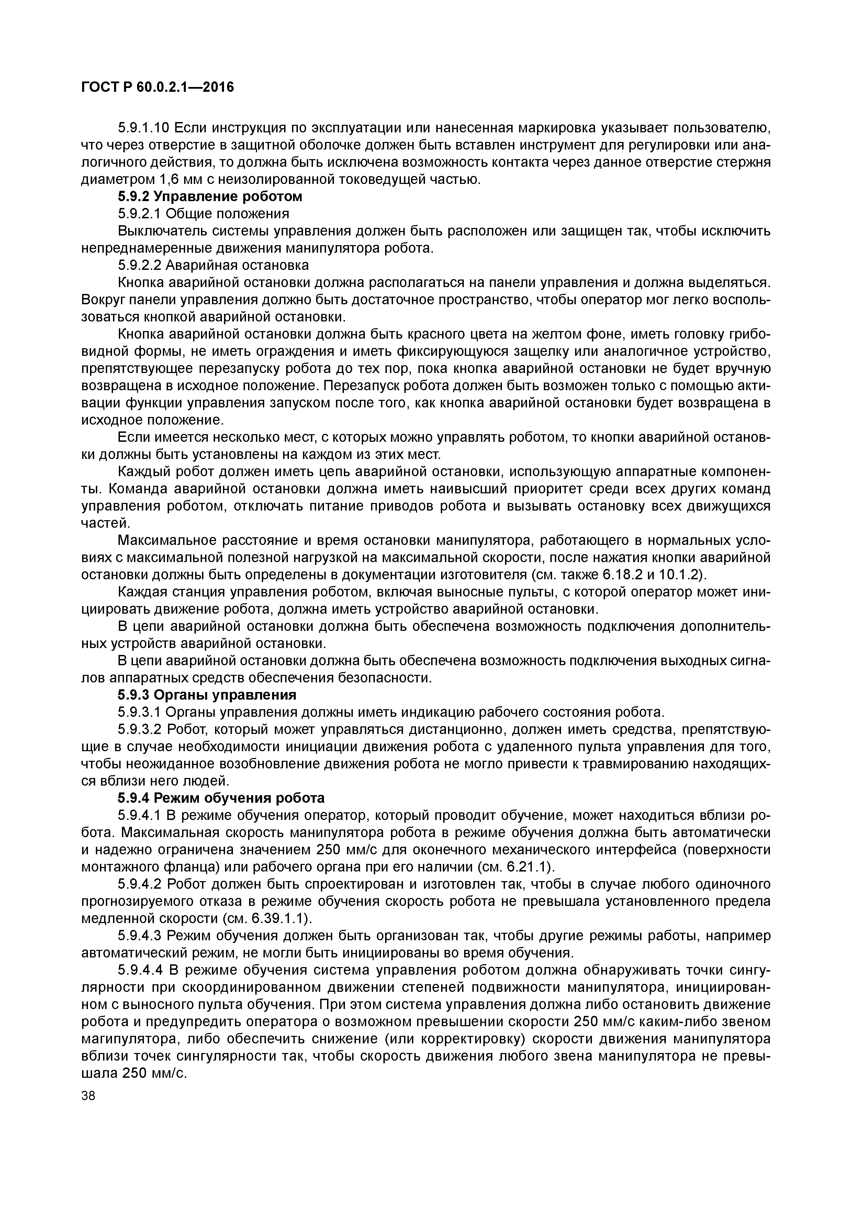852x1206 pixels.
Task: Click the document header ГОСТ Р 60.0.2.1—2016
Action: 157,87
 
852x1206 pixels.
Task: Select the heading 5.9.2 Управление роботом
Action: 210,196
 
